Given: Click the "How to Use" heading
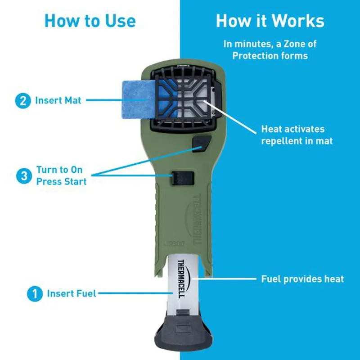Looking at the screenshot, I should (90, 21).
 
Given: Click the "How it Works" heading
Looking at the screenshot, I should (270, 21).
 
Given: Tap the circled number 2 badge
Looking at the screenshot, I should (22, 100).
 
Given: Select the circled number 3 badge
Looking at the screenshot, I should (24, 176).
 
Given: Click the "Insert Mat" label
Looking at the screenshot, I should (58, 100).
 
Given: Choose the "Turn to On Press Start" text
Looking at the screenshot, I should (61, 176).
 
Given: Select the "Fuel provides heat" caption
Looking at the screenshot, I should (302, 279).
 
